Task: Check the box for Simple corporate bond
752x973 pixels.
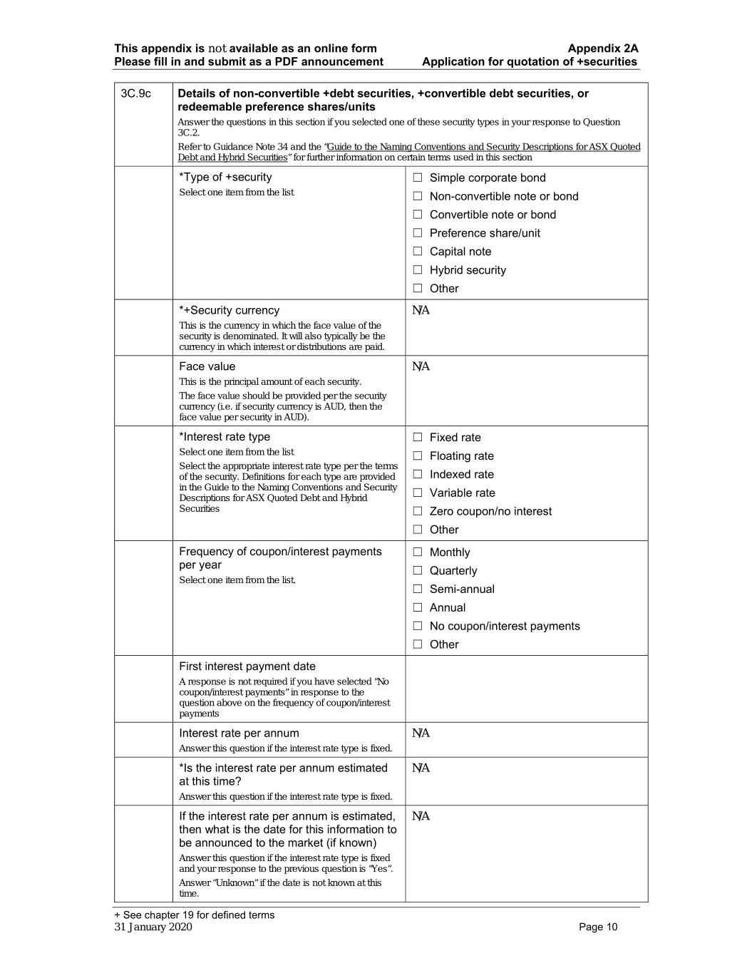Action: coord(418,177)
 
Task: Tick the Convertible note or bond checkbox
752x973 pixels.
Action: coord(418,215)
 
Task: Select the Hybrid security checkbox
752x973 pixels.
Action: coord(418,270)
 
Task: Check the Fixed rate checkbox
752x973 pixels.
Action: coord(418,438)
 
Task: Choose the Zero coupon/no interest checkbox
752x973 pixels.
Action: coord(418,511)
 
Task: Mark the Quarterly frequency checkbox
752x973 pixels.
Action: coord(418,571)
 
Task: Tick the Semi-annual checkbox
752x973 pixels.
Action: coord(418,590)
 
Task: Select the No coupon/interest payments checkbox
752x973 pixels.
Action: coord(418,626)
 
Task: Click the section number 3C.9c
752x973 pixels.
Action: coord(135,94)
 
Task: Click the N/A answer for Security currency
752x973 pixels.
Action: coord(421,311)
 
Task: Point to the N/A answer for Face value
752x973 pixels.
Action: coord(421,367)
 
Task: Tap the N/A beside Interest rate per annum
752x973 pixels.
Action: coord(421,733)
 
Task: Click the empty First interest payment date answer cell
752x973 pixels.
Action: coord(526,689)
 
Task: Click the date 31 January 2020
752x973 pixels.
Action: coord(153,927)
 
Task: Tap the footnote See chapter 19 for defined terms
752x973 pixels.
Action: coord(194,915)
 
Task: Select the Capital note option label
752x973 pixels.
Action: coord(460,252)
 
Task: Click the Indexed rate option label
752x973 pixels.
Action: coord(461,475)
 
